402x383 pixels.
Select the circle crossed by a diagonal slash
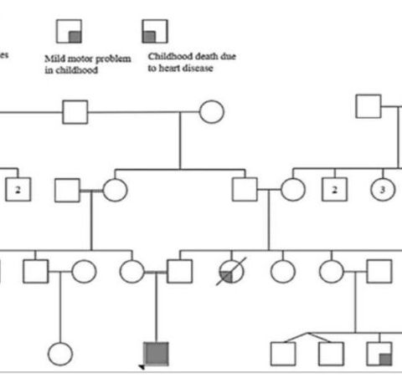[230, 271]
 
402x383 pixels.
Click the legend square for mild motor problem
[68, 31]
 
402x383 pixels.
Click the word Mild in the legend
[54, 59]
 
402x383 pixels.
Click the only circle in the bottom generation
[59, 354]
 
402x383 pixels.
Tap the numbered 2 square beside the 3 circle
[334, 190]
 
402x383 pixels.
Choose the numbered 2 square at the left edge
[18, 190]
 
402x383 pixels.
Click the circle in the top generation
[211, 110]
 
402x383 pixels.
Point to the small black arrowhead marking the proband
[142, 367]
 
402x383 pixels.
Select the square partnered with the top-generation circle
[75, 110]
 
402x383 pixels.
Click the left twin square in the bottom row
[284, 354]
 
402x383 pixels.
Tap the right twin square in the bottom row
[331, 354]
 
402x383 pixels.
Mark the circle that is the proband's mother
[131, 271]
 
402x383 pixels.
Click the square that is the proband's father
[178, 271]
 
